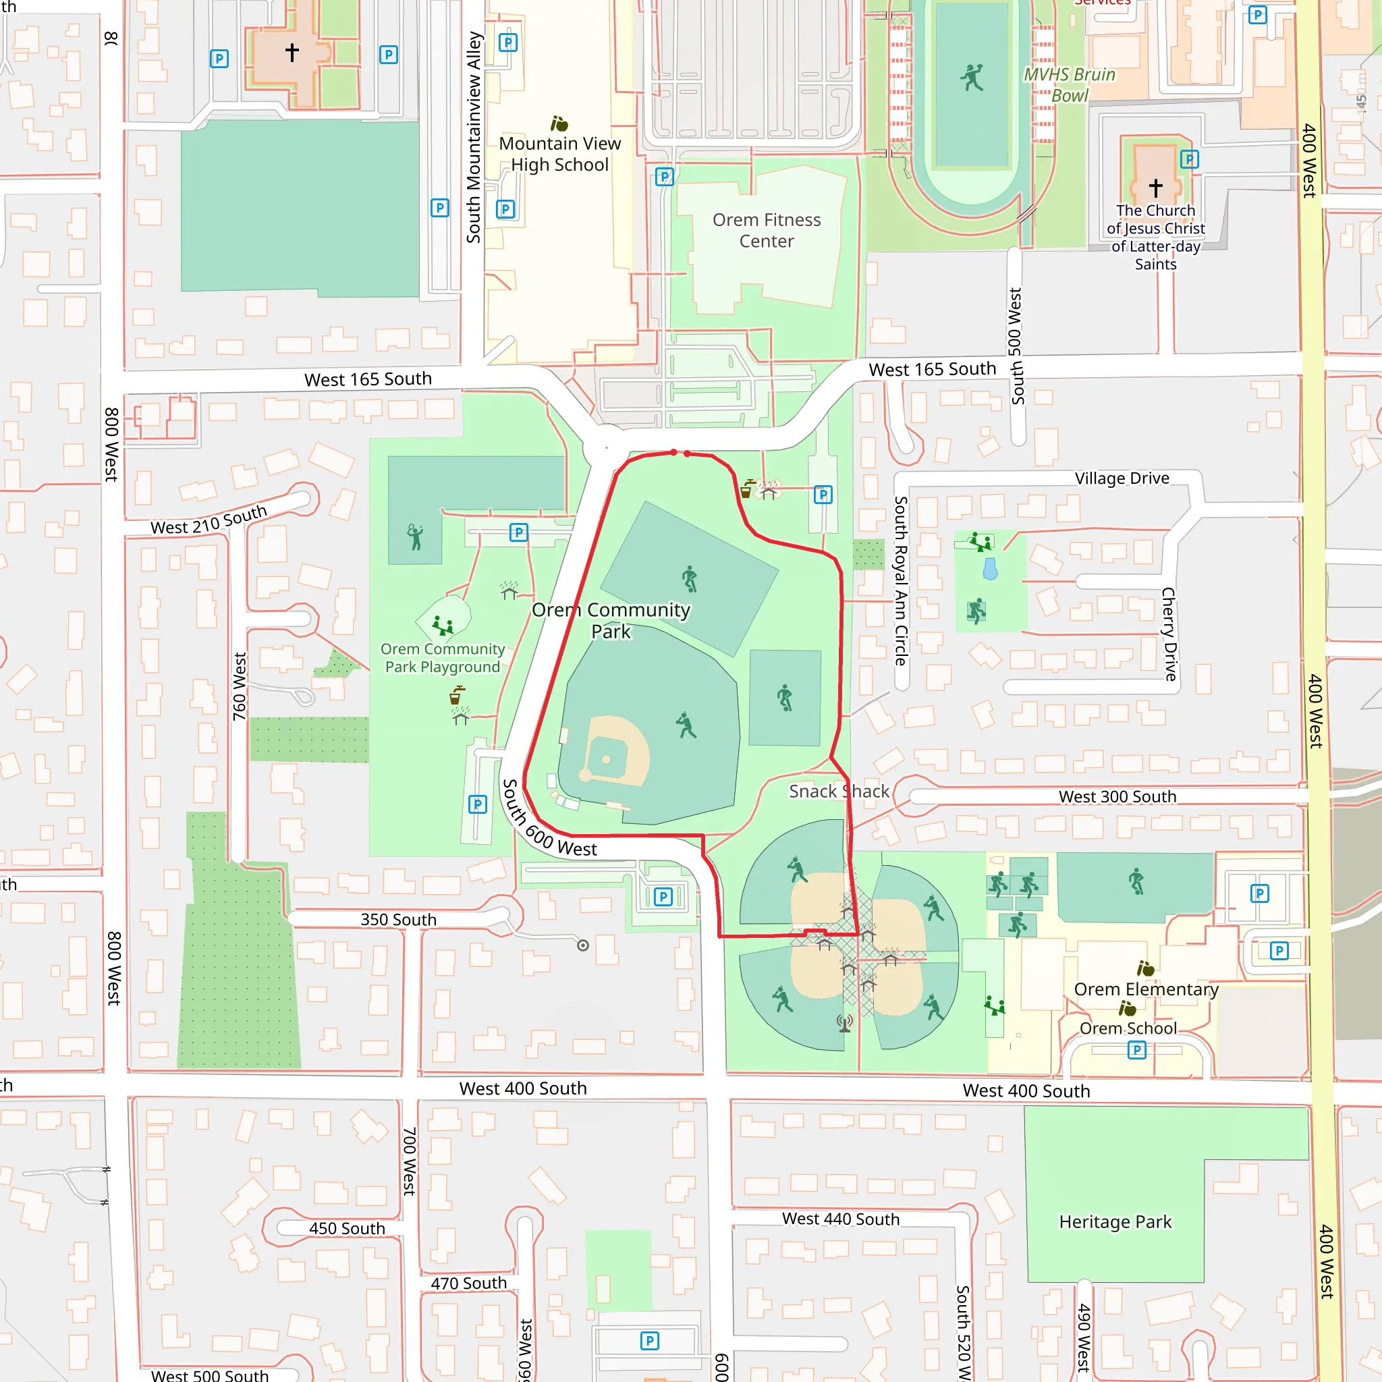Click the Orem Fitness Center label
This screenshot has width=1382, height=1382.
[766, 230]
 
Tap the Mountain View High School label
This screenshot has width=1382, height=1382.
[559, 154]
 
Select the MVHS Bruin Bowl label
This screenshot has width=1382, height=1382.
[1069, 84]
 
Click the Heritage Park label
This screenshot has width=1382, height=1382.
[1115, 1222]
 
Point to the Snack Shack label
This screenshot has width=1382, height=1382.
[838, 791]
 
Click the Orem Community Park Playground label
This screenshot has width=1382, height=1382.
[442, 657]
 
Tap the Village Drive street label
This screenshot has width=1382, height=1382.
[1122, 478]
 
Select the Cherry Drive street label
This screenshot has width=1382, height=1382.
[1169, 634]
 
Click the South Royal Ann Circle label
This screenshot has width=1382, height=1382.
[902, 581]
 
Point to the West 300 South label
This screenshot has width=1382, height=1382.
[1117, 796]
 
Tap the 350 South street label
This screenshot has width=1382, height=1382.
[398, 919]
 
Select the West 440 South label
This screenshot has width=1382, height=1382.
[841, 1219]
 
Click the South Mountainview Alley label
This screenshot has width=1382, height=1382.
[474, 138]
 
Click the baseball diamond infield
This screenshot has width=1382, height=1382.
[607, 759]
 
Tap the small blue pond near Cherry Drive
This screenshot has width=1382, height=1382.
[990, 570]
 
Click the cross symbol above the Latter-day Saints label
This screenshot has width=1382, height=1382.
[1155, 188]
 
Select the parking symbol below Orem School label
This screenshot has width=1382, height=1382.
[1136, 1050]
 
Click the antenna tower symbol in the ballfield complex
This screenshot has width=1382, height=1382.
[845, 1024]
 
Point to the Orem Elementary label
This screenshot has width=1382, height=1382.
[1146, 989]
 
